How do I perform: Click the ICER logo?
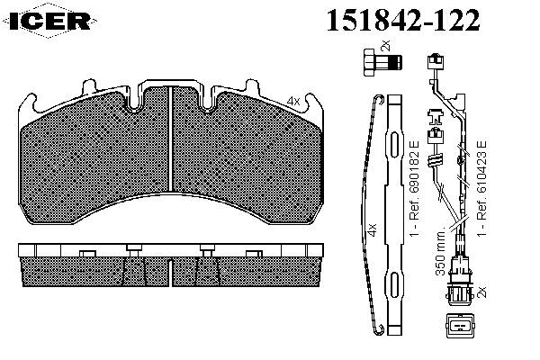[x=50, y=21]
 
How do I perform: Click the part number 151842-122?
[x=403, y=20]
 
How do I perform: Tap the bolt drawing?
[x=382, y=62]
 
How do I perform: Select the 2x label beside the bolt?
[x=386, y=45]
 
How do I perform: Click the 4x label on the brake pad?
[x=293, y=102]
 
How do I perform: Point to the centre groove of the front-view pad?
[x=170, y=139]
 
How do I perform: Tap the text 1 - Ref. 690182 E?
[x=414, y=188]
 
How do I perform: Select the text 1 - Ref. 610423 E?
[x=482, y=187]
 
